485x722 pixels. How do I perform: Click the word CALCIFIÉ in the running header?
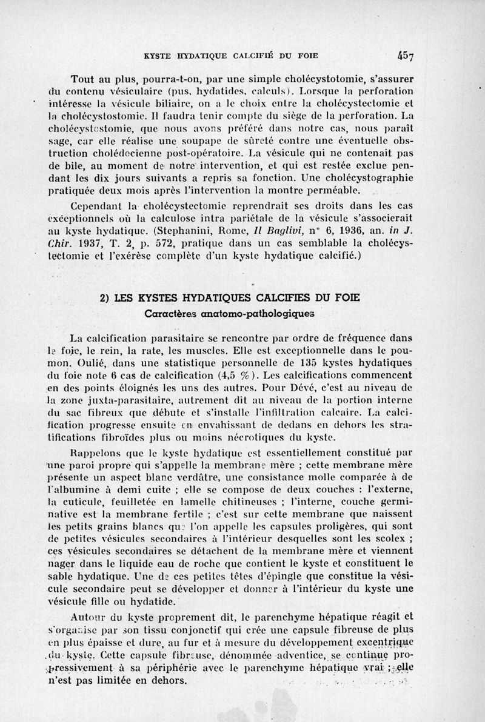tap(261, 56)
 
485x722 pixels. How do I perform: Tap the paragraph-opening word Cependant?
tap(96, 205)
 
